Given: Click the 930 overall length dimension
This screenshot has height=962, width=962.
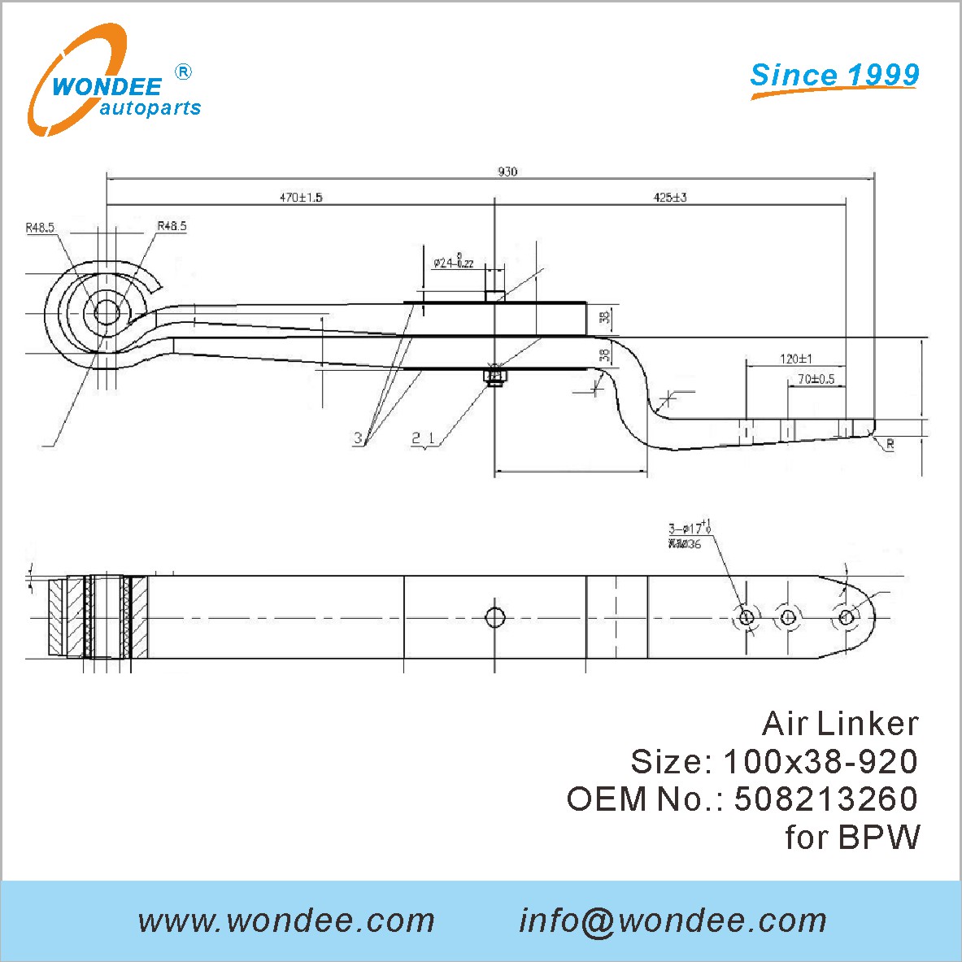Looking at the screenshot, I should tap(507, 172).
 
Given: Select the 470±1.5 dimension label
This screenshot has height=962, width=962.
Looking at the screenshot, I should tap(301, 198).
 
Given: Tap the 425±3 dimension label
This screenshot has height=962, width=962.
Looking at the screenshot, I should tap(670, 198).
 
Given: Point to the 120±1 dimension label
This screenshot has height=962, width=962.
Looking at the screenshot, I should tap(796, 359).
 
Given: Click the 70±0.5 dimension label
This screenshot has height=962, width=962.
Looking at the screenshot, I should tap(816, 379).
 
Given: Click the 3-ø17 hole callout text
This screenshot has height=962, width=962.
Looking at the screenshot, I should tap(690, 529).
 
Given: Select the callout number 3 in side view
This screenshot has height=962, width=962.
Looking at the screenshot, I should tap(358, 438).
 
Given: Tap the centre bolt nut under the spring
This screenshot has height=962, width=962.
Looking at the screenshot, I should tap(494, 376).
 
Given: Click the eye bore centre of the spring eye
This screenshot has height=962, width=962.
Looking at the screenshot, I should tap(107, 312).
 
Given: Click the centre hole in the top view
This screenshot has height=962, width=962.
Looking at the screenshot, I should tap(494, 617).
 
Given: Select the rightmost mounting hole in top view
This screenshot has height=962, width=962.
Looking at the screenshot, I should tap(846, 617).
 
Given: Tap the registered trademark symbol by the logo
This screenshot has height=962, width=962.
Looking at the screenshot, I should tap(184, 72).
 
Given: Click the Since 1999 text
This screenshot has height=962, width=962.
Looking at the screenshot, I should tap(834, 75).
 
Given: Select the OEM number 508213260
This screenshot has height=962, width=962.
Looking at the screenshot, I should tap(825, 799).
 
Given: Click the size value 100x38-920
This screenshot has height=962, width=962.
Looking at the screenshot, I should tap(820, 761).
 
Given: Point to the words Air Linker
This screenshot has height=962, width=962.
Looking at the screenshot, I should tap(839, 724).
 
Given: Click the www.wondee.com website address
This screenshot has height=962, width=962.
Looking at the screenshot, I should tap(286, 921).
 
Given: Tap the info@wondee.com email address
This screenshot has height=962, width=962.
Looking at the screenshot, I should tap(673, 921).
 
